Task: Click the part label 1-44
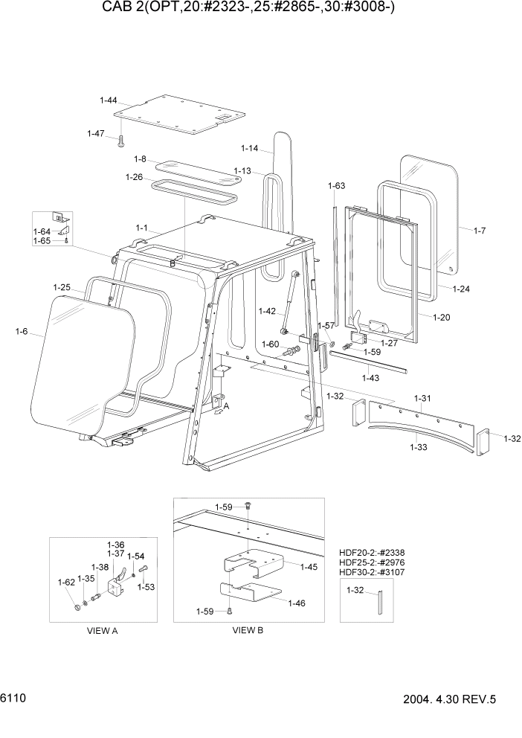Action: point(109,100)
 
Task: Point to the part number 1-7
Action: point(480,231)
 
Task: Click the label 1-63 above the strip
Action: point(336,185)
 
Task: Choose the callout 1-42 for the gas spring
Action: point(267,310)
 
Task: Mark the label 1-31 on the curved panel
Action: point(422,400)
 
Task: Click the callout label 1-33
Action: point(418,447)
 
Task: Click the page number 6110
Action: point(14,699)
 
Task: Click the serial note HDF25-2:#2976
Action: point(373,562)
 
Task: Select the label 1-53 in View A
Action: point(145,587)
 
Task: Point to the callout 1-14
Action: point(249,148)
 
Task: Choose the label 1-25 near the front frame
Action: point(62,286)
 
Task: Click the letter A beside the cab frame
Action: point(227,406)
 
